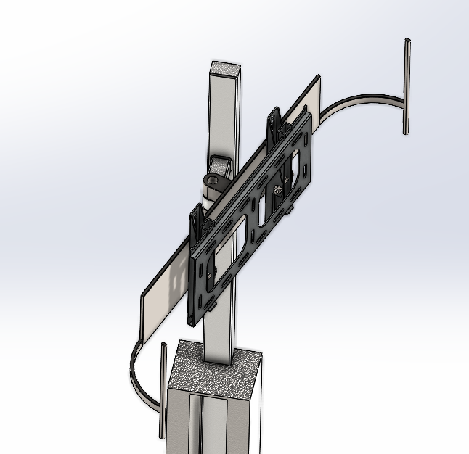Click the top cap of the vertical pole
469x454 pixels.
(224, 68)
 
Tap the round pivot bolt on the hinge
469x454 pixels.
(211, 181)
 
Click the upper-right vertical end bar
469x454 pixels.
(407, 86)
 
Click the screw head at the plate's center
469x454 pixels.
(279, 191)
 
